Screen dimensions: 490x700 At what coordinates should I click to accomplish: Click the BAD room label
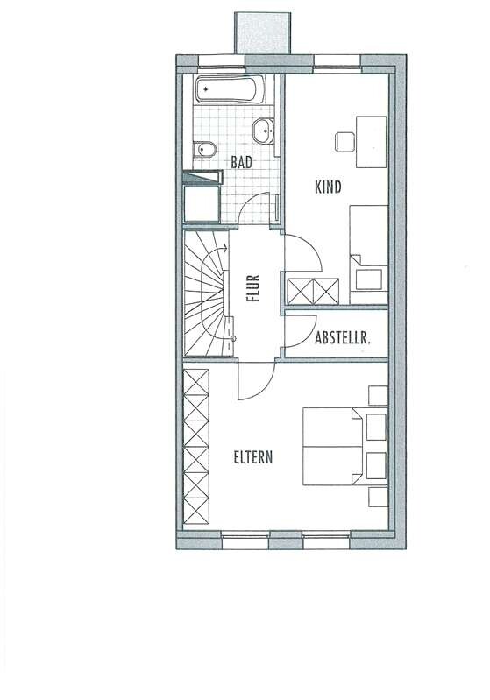pyautogui.click(x=242, y=162)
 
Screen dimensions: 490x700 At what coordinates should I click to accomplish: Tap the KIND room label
pyautogui.click(x=329, y=187)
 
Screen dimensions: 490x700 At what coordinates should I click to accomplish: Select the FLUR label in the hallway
pyautogui.click(x=253, y=288)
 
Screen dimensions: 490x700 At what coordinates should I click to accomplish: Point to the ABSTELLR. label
pyautogui.click(x=343, y=338)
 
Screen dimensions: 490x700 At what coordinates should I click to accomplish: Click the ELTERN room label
pyautogui.click(x=253, y=457)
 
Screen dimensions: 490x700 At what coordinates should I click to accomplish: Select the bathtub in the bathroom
pyautogui.click(x=231, y=89)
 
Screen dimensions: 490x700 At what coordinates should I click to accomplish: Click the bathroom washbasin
pyautogui.click(x=264, y=131)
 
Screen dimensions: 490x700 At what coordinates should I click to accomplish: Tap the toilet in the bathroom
pyautogui.click(x=205, y=150)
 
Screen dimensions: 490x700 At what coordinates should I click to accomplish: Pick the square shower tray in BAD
pyautogui.click(x=202, y=204)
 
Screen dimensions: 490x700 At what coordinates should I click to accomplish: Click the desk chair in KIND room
pyautogui.click(x=344, y=142)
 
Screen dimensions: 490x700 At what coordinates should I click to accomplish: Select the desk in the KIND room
pyautogui.click(x=371, y=142)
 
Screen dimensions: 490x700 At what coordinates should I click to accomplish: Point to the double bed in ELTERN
pyautogui.click(x=335, y=446)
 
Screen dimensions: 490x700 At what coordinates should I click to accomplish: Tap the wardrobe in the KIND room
pyautogui.click(x=313, y=292)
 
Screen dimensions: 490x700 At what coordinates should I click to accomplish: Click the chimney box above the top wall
pyautogui.click(x=263, y=33)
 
